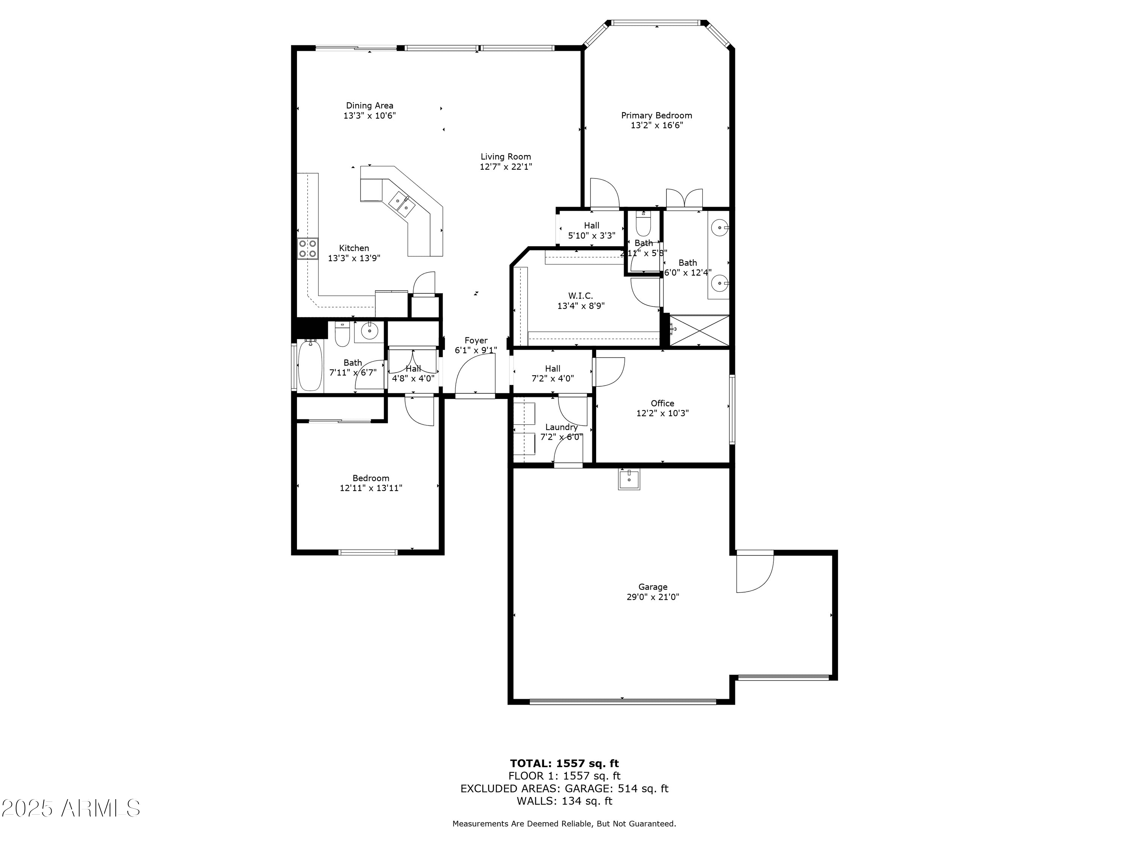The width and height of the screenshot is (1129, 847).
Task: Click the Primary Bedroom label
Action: [656, 116]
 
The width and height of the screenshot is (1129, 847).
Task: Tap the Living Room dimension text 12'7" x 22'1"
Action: [506, 166]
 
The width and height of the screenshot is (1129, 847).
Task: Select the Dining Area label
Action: [370, 106]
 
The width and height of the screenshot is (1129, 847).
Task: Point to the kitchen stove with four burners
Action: [308, 249]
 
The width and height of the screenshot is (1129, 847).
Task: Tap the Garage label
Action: [653, 587]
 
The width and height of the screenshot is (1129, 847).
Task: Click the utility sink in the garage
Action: [629, 479]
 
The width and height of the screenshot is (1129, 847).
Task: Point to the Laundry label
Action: [561, 427]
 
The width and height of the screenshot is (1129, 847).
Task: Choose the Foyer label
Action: [476, 341]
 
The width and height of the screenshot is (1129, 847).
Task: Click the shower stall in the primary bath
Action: [699, 331]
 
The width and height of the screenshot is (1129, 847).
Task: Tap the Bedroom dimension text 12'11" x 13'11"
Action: [371, 488]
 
